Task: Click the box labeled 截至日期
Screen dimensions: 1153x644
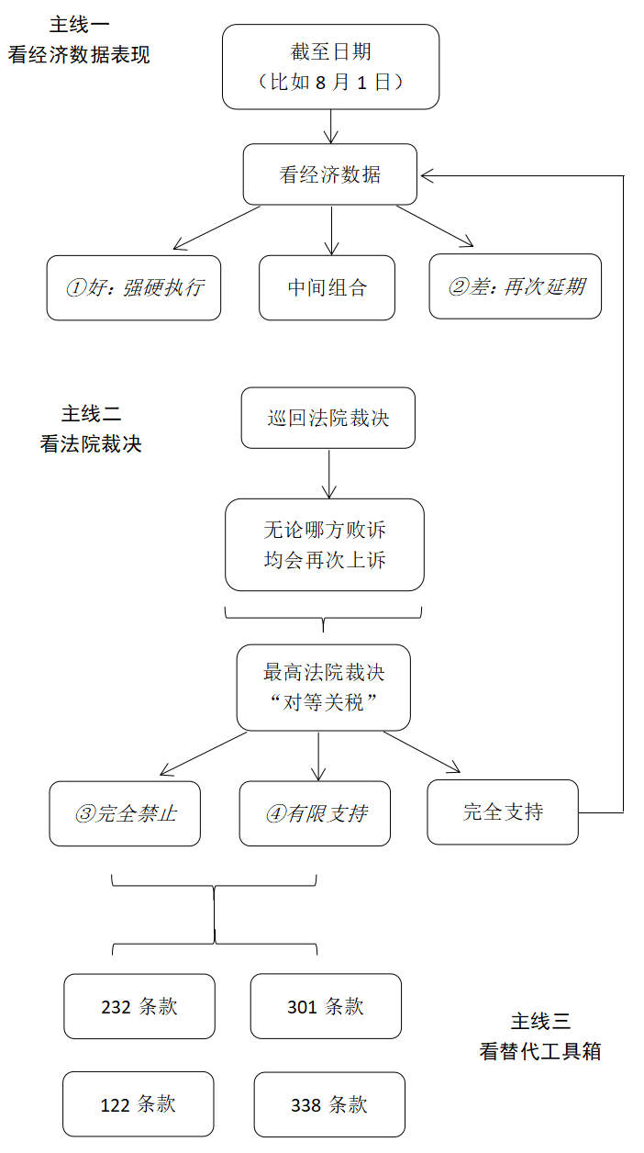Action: pyautogui.click(x=330, y=67)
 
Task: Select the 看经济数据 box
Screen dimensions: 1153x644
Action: pyautogui.click(x=330, y=174)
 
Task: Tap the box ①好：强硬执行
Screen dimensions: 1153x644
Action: pyautogui.click(x=134, y=287)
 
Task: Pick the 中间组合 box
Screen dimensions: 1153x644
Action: pyautogui.click(x=327, y=287)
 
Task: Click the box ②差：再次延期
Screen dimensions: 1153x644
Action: pyautogui.click(x=516, y=286)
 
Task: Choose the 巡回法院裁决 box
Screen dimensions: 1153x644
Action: pyautogui.click(x=328, y=418)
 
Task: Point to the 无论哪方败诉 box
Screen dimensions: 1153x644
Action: pyautogui.click(x=325, y=544)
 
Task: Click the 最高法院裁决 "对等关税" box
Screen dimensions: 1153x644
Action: pyautogui.click(x=323, y=687)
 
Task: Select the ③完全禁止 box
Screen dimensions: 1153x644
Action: pyautogui.click(x=125, y=813)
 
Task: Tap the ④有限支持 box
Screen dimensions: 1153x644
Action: pyautogui.click(x=315, y=813)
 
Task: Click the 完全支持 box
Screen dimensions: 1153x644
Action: pyautogui.click(x=503, y=812)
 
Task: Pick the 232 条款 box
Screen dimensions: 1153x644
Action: pyautogui.click(x=139, y=1006)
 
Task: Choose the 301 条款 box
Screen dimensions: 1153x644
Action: pyautogui.click(x=326, y=1006)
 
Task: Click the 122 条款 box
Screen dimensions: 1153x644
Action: pyautogui.click(x=139, y=1103)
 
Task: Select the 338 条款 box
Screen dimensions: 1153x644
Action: pyautogui.click(x=329, y=1103)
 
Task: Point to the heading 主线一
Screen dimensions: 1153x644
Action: pyautogui.click(x=80, y=26)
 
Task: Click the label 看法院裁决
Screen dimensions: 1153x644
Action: pyautogui.click(x=91, y=444)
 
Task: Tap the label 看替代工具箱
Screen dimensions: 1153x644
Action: pyautogui.click(x=540, y=1051)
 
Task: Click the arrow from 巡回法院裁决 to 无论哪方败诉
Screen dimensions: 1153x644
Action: pyautogui.click(x=328, y=474)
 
